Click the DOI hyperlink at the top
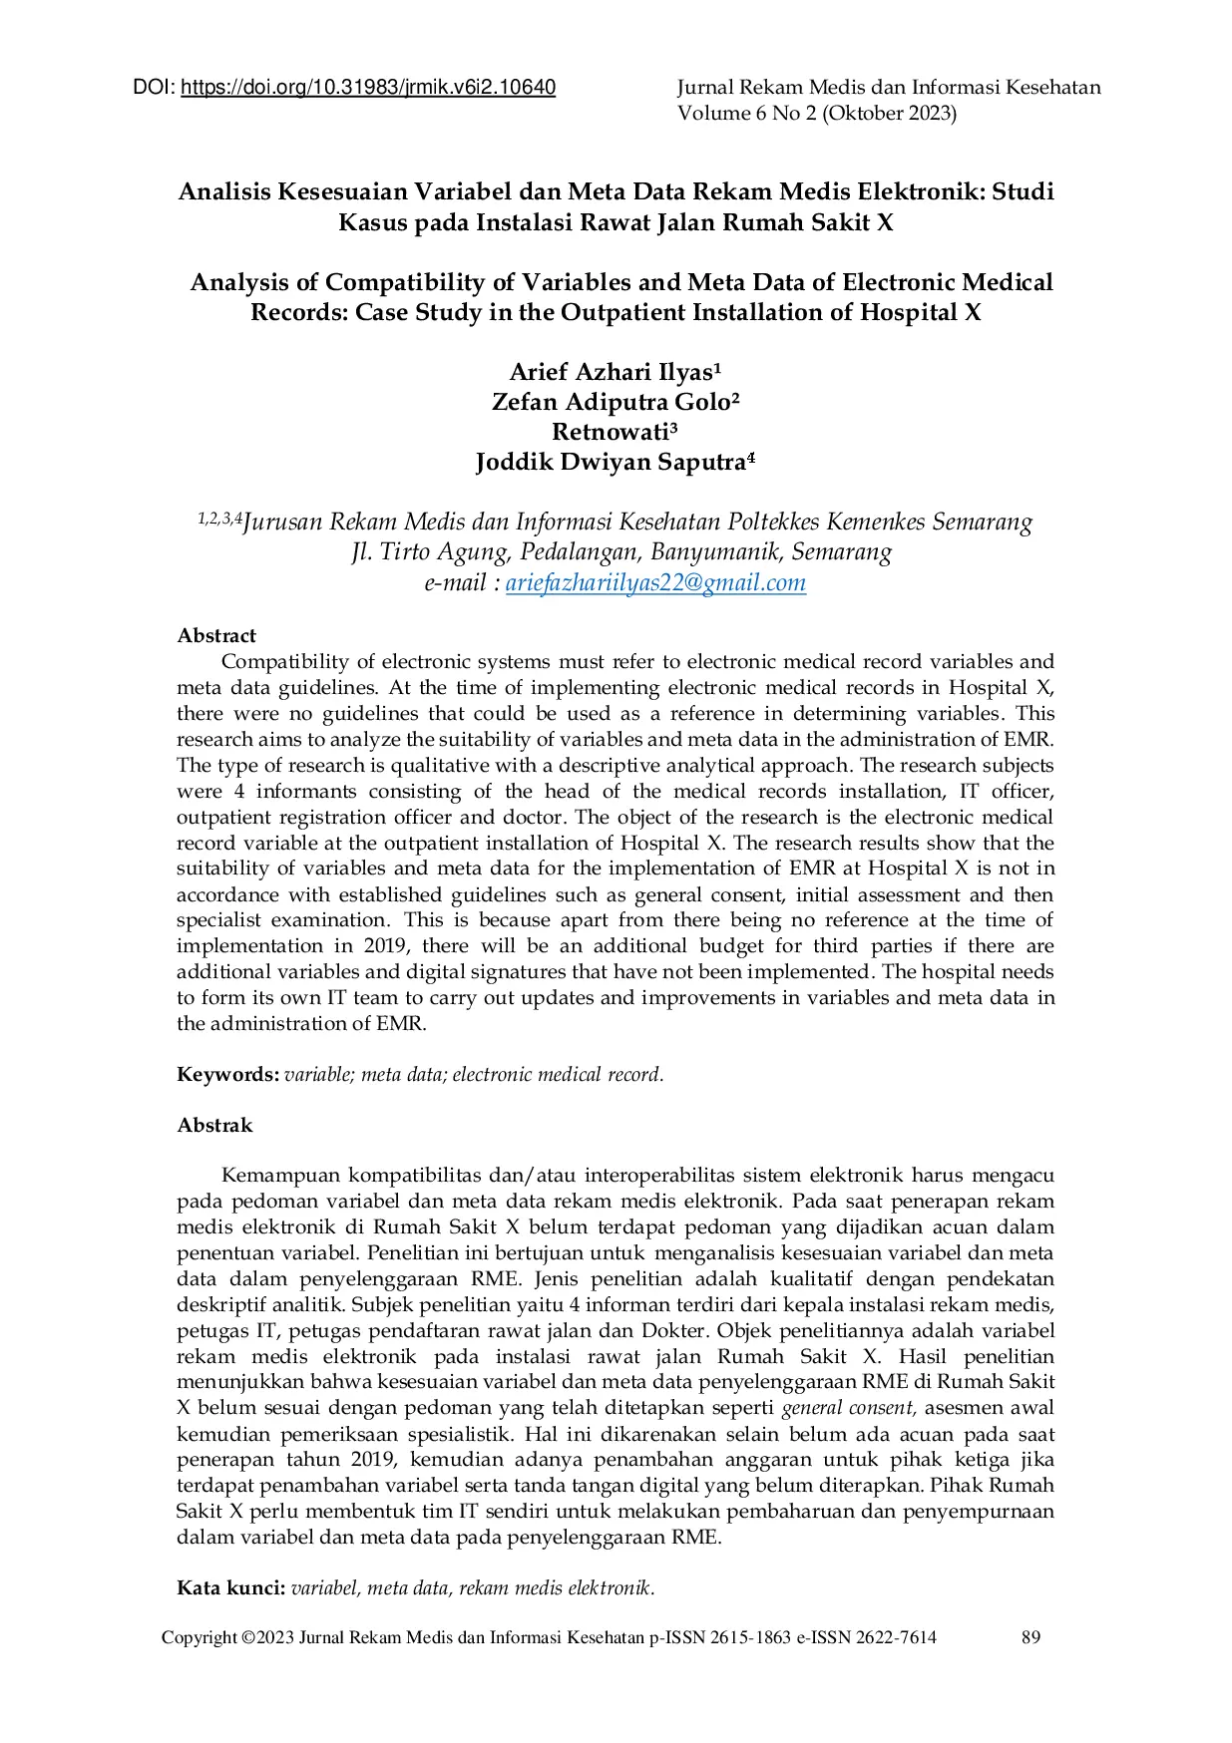point(368,88)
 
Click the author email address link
point(655,583)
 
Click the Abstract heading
point(216,636)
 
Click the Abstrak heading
point(214,1126)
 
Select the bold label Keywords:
point(228,1075)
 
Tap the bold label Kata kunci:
point(231,1588)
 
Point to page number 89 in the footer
point(1031,1637)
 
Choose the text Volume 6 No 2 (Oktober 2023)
point(817,114)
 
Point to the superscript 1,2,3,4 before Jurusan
point(219,518)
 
